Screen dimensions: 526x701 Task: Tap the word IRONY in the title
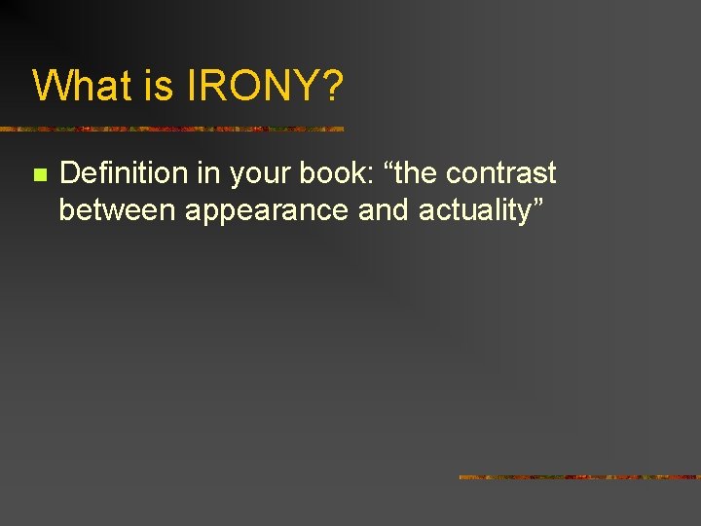(x=248, y=86)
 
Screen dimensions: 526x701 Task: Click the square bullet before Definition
(x=38, y=175)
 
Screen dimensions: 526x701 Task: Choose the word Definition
(x=123, y=173)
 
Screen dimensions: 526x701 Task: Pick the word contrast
(x=503, y=173)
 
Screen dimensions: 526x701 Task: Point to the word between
(x=117, y=209)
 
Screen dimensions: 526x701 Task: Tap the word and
(x=385, y=209)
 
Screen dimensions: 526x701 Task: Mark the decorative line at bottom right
(x=579, y=477)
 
